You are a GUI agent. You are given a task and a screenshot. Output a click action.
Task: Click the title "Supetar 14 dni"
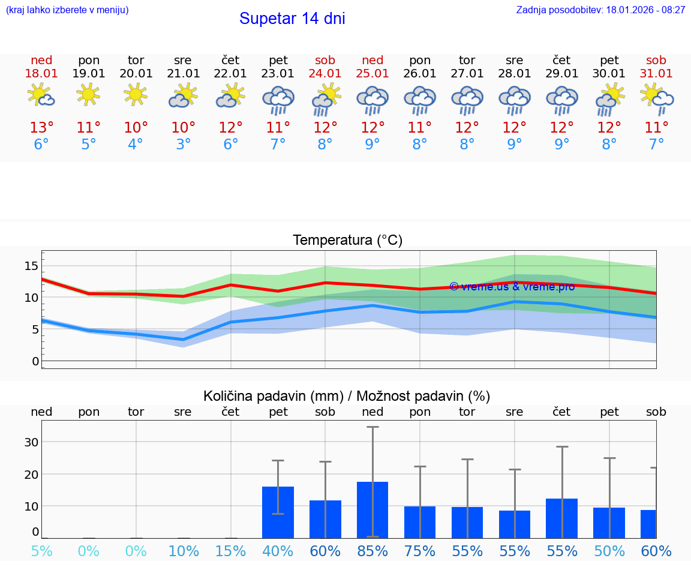(x=292, y=19)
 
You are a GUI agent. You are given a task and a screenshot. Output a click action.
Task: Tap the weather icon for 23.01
(x=278, y=100)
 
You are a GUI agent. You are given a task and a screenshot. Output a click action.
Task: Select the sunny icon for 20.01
(x=136, y=94)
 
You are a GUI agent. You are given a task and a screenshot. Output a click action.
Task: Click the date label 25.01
(x=372, y=74)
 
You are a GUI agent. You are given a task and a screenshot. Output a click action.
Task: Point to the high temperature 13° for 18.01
(x=41, y=128)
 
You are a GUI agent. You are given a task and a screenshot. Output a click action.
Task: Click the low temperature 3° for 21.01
(x=183, y=145)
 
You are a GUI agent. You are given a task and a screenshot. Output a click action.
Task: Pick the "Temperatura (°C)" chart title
(x=347, y=241)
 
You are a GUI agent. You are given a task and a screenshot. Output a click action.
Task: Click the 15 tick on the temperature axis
(x=31, y=266)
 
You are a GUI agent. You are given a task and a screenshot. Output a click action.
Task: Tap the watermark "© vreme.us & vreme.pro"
(x=512, y=287)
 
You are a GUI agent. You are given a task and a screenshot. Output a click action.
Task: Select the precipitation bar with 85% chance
(x=372, y=509)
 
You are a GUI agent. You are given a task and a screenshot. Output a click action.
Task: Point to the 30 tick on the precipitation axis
(x=31, y=442)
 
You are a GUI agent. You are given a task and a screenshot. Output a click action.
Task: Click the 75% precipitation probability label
(x=420, y=551)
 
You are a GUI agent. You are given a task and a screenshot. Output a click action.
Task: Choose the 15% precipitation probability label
(x=230, y=551)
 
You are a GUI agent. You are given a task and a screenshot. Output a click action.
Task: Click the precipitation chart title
(x=347, y=396)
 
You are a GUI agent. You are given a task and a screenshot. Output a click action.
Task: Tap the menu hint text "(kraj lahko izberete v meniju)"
(x=67, y=10)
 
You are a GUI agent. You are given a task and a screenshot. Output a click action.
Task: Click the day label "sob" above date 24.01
(x=325, y=61)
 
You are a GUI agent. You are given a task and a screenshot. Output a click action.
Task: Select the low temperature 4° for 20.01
(x=136, y=145)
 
